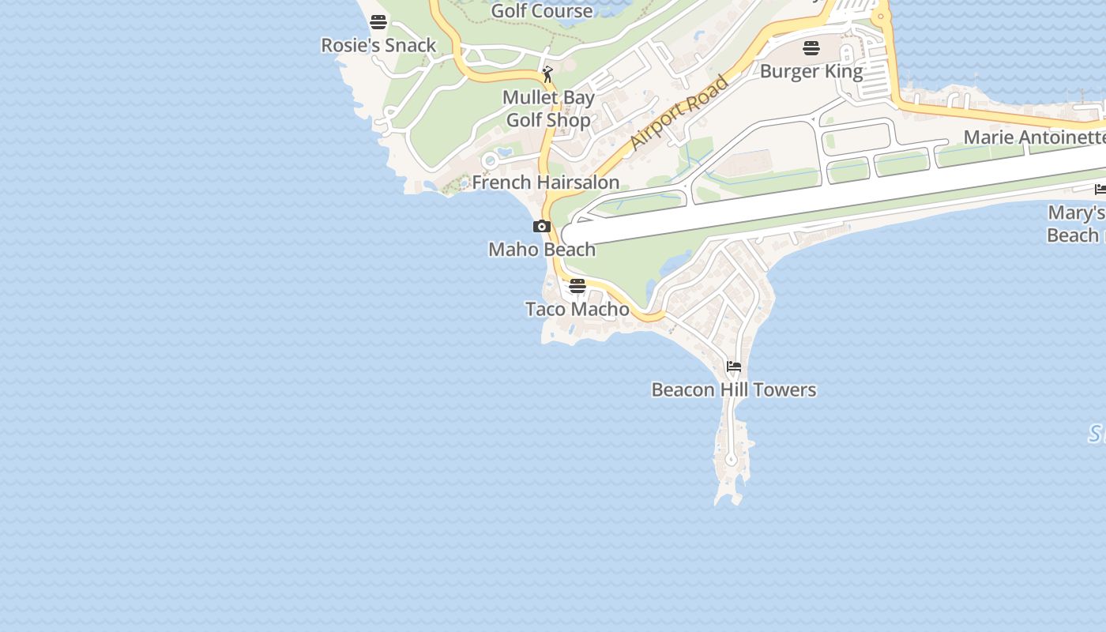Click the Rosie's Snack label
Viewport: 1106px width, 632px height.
click(x=378, y=45)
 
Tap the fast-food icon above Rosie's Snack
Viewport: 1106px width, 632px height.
click(x=378, y=21)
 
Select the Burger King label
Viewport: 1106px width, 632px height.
click(x=811, y=71)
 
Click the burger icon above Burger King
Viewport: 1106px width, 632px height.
click(x=811, y=48)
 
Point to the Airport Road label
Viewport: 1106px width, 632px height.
click(x=679, y=112)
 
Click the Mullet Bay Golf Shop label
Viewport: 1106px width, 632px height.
click(x=548, y=109)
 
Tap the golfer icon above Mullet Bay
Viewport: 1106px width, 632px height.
click(x=547, y=74)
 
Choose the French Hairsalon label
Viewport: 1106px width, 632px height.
click(x=545, y=182)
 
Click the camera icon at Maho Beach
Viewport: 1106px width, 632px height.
click(x=541, y=227)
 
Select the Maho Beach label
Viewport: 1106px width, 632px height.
click(x=542, y=250)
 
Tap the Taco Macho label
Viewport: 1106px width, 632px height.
click(x=577, y=309)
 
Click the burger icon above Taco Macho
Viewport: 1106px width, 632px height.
click(x=577, y=285)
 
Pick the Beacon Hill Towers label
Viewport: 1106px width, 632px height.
click(x=734, y=389)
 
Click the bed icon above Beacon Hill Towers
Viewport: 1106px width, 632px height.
click(x=734, y=367)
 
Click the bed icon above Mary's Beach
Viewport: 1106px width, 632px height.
click(x=1100, y=189)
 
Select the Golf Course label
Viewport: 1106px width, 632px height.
click(x=542, y=10)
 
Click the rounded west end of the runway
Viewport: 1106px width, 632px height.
click(x=568, y=235)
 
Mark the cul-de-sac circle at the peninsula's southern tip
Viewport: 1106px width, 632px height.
click(x=731, y=459)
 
